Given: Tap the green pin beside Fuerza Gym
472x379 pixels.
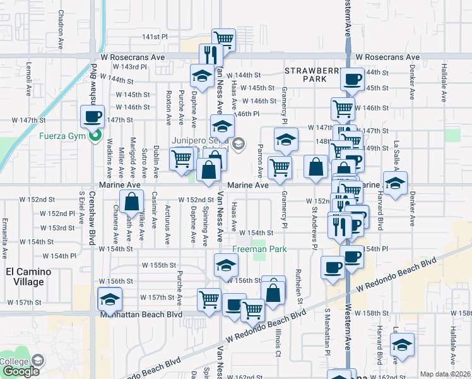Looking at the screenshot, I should (x=94, y=134).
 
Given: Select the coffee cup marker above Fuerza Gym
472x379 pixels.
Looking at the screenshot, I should (x=93, y=116).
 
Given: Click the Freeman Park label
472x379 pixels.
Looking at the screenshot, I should (x=259, y=249).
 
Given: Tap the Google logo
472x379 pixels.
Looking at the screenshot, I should (x=21, y=371).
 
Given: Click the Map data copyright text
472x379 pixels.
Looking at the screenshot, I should (x=445, y=374).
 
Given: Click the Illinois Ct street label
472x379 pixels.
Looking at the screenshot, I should (x=277, y=342).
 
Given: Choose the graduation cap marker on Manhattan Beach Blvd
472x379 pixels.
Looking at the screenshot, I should (x=110, y=299).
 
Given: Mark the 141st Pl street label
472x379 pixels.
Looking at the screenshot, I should (x=155, y=37).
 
